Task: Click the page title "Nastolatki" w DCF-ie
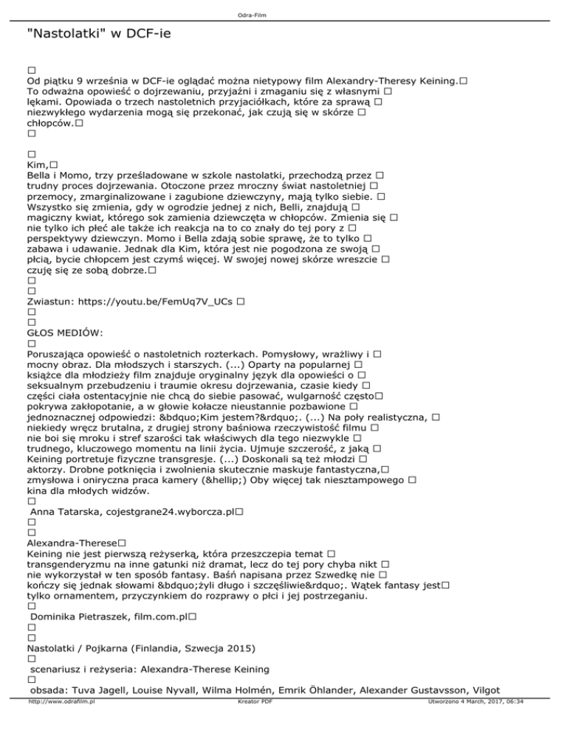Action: (x=99, y=34)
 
